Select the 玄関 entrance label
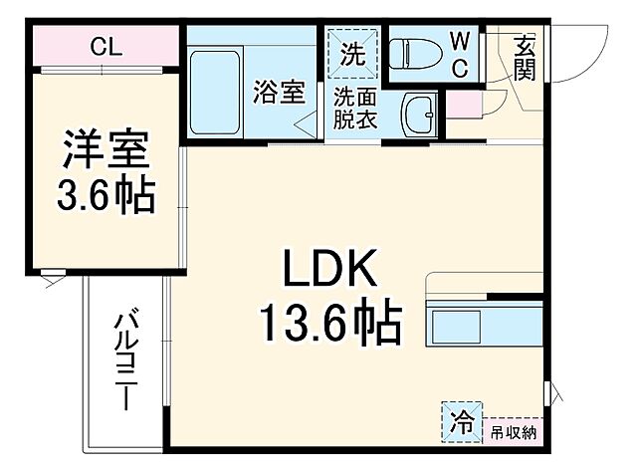point(524,57)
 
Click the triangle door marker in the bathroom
point(307,123)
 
